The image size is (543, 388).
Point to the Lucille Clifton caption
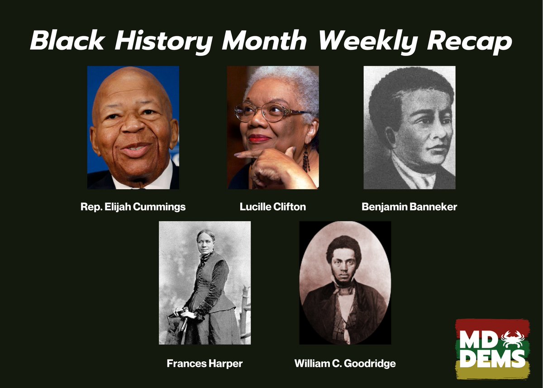click(273, 207)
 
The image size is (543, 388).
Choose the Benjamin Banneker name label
click(410, 207)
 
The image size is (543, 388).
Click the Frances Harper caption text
click(205, 363)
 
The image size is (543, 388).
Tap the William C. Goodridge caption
click(345, 363)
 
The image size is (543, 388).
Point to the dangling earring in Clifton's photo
click(306, 158)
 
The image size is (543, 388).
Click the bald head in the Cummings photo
click(131, 86)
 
